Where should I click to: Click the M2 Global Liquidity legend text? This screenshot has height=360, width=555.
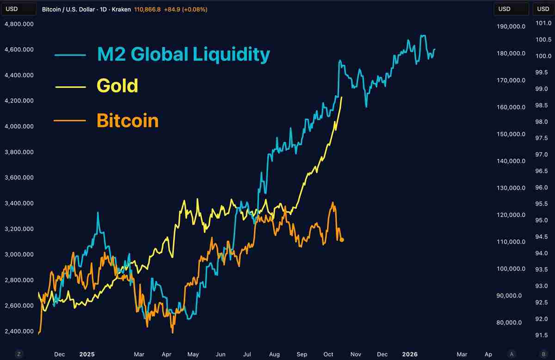point(183,55)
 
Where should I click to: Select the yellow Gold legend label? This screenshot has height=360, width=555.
point(117,86)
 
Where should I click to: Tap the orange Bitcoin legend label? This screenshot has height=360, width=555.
point(128,121)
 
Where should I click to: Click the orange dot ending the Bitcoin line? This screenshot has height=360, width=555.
point(342,239)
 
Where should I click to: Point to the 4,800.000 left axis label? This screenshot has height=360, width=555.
point(18,24)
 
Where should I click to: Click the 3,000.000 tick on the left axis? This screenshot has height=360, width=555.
point(18,254)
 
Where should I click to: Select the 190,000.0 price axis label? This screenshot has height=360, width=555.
point(511,26)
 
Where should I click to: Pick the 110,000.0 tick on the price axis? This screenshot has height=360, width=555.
point(511,242)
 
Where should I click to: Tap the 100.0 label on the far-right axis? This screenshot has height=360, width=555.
point(542,56)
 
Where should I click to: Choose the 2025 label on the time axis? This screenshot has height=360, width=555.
point(86,354)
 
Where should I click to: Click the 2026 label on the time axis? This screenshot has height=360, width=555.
point(410,354)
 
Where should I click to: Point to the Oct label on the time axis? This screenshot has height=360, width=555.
point(328,354)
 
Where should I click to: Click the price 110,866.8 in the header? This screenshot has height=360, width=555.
point(147,9)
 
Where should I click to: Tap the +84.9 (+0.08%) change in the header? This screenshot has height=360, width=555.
point(185,9)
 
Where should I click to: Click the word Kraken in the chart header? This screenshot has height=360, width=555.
point(121,9)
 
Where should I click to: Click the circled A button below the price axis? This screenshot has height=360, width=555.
point(511,354)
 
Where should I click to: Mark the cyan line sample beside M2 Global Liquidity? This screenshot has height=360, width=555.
point(70,55)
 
